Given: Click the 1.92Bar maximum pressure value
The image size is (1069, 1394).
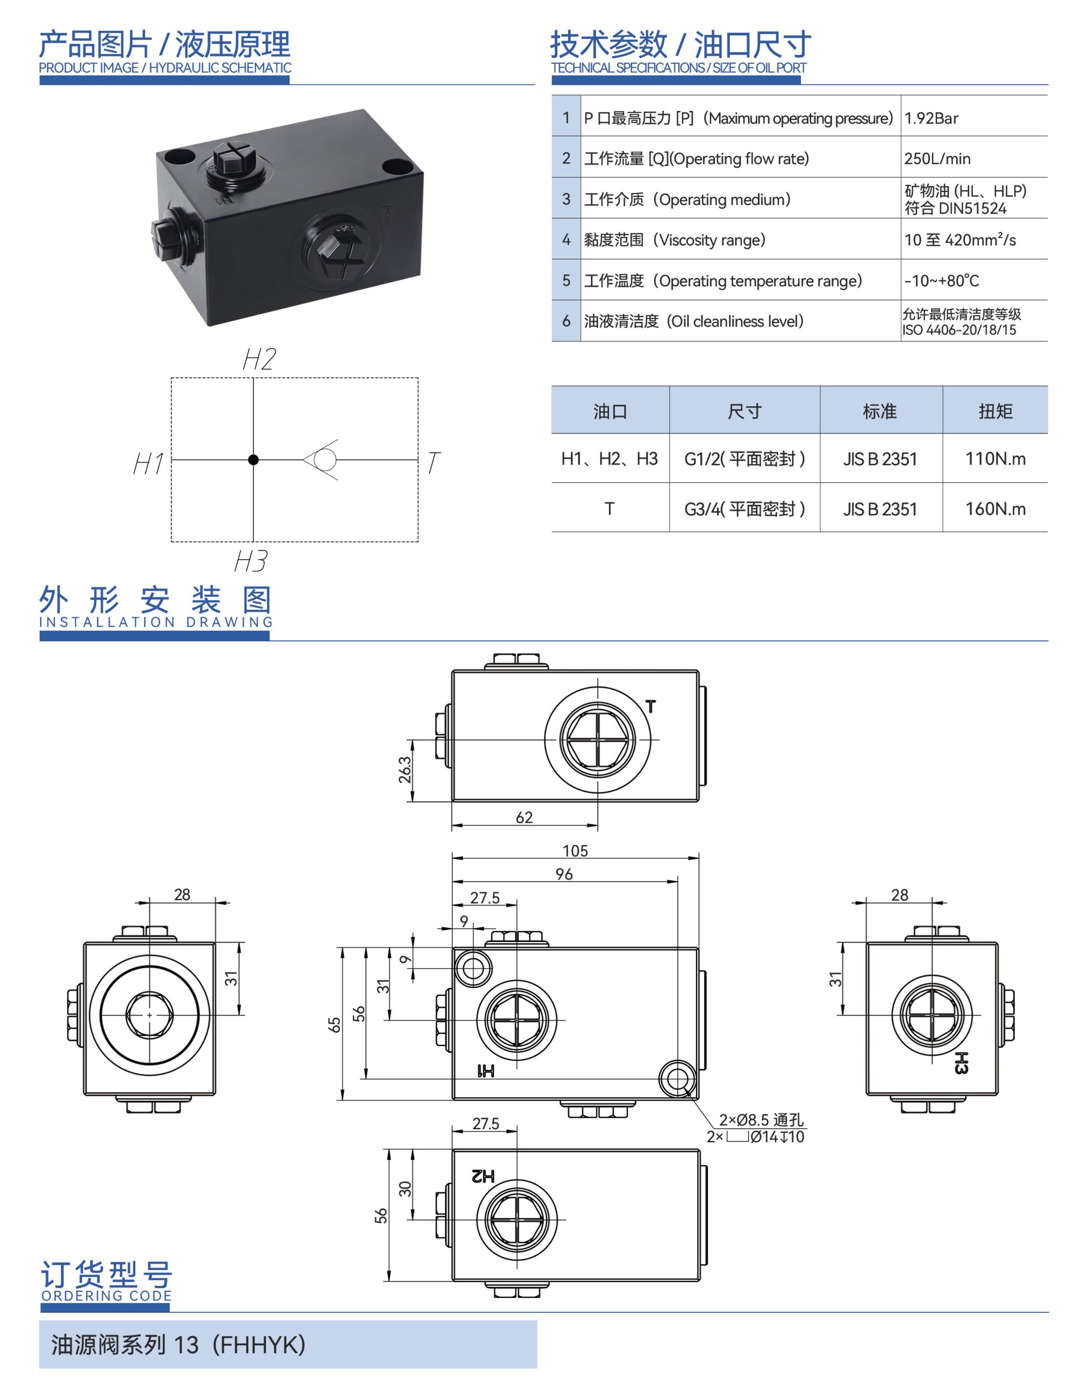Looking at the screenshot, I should tap(931, 118).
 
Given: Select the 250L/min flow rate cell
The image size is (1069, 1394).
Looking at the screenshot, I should tap(937, 158).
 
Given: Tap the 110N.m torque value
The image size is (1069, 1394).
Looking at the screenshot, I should tap(995, 459).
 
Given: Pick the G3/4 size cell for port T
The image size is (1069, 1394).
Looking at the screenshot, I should tap(745, 509).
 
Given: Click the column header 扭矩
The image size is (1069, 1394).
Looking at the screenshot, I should tap(995, 411).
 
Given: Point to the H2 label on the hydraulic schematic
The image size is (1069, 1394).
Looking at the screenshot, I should tap(259, 360).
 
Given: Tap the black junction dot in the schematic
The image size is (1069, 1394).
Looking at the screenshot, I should tap(253, 460).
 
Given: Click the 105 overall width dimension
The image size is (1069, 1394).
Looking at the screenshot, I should tap(575, 851).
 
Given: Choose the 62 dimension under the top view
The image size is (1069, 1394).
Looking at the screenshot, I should tap(524, 817).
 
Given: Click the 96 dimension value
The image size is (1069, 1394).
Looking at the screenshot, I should tap(564, 874).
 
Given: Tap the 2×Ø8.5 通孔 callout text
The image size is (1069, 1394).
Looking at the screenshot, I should tap(761, 1119).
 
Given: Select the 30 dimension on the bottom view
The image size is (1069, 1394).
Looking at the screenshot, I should tap(405, 1189).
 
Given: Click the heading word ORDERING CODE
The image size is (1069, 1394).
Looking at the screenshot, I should tap(106, 1296).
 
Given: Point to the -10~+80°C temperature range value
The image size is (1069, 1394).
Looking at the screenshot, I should tap(942, 281).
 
